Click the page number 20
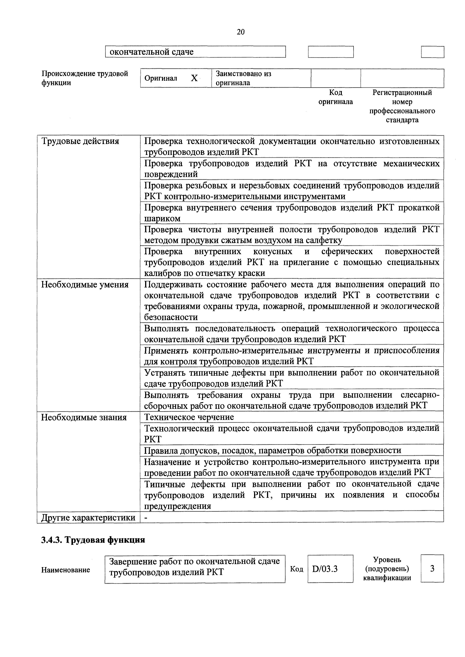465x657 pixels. (241, 32)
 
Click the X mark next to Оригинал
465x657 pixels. (194, 78)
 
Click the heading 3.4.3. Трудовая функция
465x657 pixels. (93, 540)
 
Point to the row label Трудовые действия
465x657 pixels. (80, 141)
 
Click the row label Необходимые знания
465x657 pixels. (84, 417)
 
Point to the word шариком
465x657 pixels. (162, 219)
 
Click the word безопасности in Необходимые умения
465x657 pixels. (171, 317)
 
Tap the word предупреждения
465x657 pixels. (177, 506)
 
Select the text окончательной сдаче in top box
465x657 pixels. (151, 52)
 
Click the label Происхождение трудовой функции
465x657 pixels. (85, 78)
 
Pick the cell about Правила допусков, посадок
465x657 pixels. (272, 451)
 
